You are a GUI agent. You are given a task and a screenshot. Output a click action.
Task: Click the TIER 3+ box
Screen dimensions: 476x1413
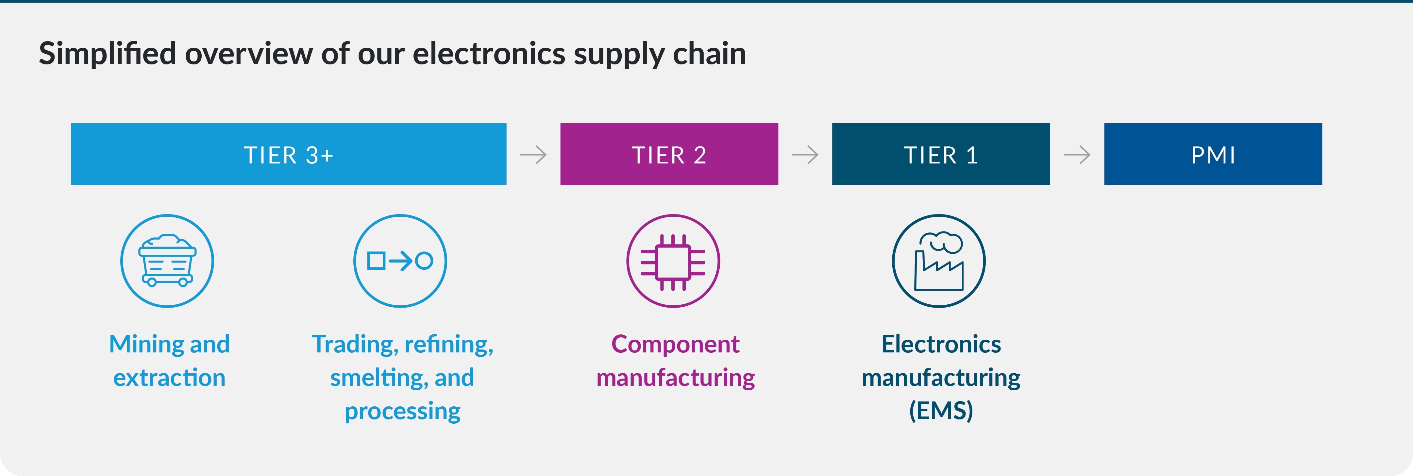(x=289, y=154)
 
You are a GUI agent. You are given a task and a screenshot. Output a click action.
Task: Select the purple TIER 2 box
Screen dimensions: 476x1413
(x=669, y=154)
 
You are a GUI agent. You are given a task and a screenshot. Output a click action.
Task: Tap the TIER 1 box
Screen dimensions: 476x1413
(x=941, y=154)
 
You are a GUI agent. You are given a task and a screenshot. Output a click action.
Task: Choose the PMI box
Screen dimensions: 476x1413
(x=1213, y=154)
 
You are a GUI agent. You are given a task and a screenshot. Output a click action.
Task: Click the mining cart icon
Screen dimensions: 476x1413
(x=167, y=261)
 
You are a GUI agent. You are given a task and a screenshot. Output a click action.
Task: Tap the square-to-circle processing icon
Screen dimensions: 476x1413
(x=400, y=261)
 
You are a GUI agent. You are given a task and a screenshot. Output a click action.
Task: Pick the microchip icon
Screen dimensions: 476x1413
(x=673, y=261)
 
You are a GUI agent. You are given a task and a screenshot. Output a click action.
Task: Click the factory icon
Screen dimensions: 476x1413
(x=938, y=261)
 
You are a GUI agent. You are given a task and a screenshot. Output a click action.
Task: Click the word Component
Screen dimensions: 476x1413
(x=675, y=344)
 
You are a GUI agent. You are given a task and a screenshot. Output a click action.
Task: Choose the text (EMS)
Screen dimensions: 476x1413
(x=941, y=411)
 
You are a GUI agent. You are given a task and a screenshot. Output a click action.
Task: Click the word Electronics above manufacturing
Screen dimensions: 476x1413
(x=941, y=344)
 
